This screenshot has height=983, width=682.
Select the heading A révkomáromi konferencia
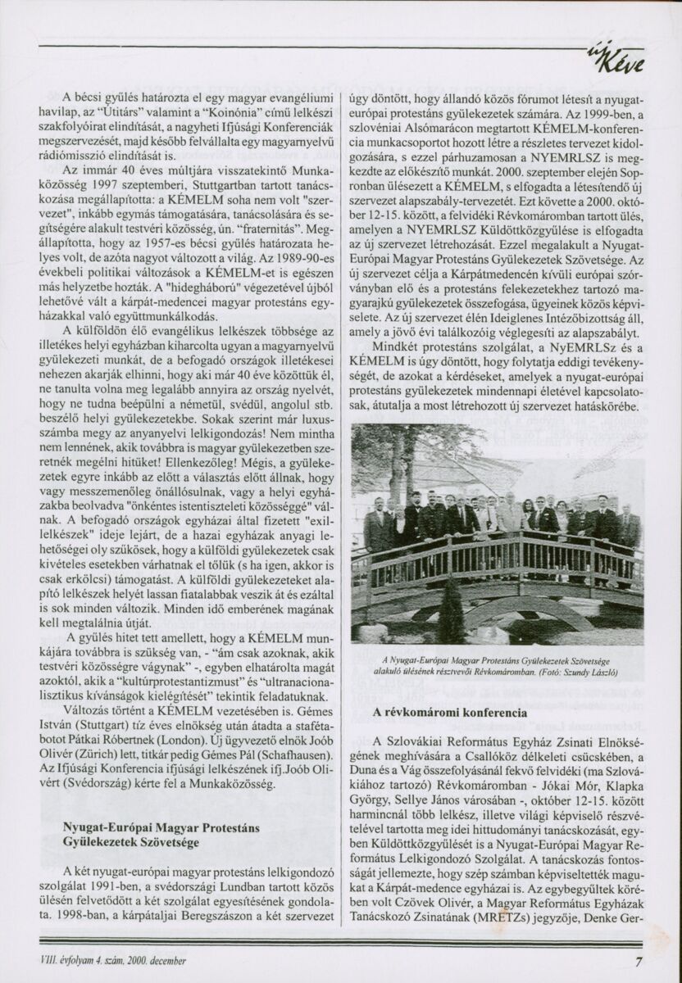pyautogui.click(x=450, y=713)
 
